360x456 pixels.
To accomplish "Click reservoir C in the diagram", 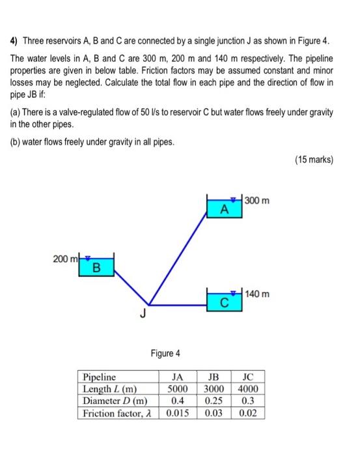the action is click(x=223, y=301).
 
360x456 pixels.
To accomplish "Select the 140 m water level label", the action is click(x=258, y=294).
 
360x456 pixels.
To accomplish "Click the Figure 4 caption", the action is click(x=165, y=353).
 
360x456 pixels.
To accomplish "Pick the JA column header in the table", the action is click(x=177, y=377).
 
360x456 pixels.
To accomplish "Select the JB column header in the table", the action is click(x=213, y=377).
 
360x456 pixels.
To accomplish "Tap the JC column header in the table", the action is click(x=248, y=377).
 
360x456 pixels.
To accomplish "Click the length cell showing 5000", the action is click(x=177, y=389).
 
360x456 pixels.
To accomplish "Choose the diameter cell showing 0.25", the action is click(x=213, y=401).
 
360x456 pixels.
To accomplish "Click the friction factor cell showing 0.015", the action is click(x=177, y=413).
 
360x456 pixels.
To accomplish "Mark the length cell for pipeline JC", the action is click(x=248, y=389).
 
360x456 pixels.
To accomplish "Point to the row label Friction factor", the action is click(x=118, y=413).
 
